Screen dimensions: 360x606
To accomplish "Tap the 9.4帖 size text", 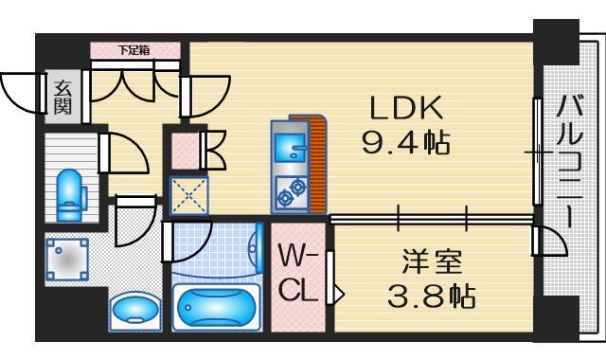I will (x=405, y=144).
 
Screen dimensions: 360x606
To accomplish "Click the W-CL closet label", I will (x=296, y=273).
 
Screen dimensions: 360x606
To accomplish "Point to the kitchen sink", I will (x=288, y=146).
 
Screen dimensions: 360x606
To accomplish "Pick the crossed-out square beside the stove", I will (x=187, y=196).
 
